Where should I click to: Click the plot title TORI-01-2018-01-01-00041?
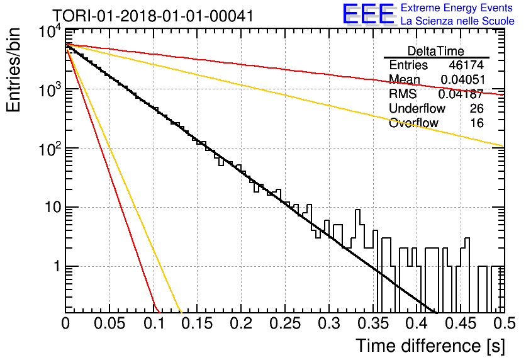coord(153,16)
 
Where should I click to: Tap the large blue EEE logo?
coord(368,14)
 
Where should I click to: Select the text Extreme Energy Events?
coord(457,8)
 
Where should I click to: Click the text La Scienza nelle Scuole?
coord(457,21)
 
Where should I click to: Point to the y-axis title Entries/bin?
coord(13,70)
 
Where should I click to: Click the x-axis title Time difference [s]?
coord(430,346)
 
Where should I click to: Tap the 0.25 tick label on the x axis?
coord(285,323)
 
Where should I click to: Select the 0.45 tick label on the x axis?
coord(461,323)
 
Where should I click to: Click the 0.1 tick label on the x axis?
coord(154,323)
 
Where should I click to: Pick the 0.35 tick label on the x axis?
coord(372,323)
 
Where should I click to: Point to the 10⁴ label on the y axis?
coord(50,32)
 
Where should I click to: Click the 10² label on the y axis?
coord(50,149)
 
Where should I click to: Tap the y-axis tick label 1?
coord(57,266)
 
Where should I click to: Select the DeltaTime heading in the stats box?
coord(436,51)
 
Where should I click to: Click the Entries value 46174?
coord(466,65)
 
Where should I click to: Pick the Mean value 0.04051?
coord(463,79)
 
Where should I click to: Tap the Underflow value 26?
coord(477,108)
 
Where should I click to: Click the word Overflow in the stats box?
coord(413,123)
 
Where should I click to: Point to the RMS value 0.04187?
coord(461,94)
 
